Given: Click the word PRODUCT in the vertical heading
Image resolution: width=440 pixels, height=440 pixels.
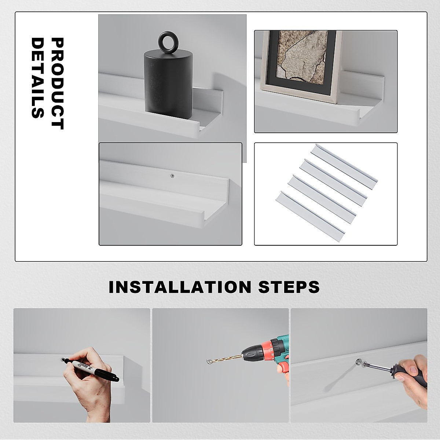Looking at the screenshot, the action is pyautogui.click(x=57, y=84).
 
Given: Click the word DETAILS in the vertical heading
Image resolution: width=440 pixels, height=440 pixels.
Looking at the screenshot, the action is pyautogui.click(x=37, y=78).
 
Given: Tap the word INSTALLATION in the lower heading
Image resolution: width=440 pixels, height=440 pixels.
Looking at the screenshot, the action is pyautogui.click(x=180, y=287).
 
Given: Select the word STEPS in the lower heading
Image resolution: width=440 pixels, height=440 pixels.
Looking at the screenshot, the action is pyautogui.click(x=289, y=287).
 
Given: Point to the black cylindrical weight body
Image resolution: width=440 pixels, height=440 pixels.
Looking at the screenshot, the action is pyautogui.click(x=168, y=84).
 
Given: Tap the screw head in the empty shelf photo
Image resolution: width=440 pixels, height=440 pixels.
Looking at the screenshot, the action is pyautogui.click(x=173, y=176).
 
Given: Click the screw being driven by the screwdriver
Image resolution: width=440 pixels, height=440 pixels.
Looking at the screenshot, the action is pyautogui.click(x=359, y=362).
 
